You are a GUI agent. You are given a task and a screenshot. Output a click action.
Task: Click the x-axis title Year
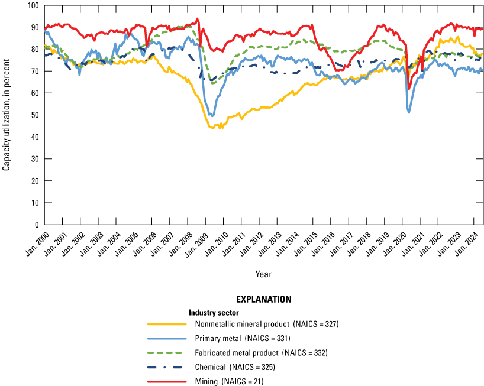pyautogui.click(x=264, y=274)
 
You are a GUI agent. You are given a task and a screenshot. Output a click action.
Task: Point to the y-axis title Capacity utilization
pyautogui.click(x=7, y=115)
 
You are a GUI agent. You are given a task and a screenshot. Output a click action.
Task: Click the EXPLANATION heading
pyautogui.click(x=263, y=300)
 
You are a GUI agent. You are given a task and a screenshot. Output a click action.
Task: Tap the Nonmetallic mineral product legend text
pyautogui.click(x=266, y=324)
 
